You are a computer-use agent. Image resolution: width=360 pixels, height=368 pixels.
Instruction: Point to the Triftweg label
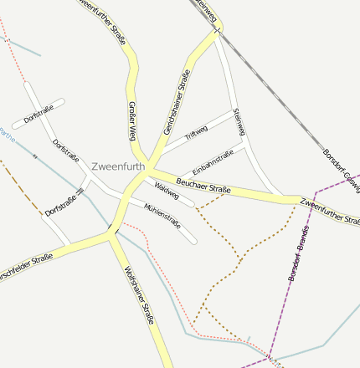tap(196, 131)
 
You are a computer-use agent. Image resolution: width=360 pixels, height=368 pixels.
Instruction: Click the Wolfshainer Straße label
tap(138, 294)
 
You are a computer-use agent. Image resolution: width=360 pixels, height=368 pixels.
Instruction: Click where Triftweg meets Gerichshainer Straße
tap(163, 149)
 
